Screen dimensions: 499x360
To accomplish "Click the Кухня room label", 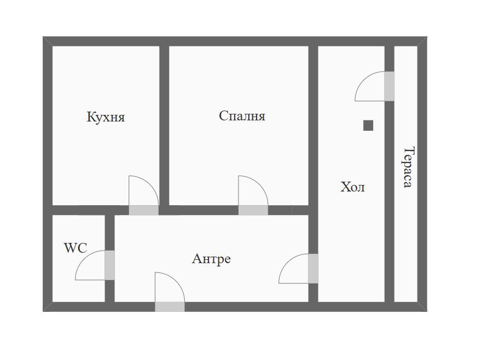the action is coord(106,117).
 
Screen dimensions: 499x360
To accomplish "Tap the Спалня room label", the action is coord(242,116).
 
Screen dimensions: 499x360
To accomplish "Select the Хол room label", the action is coord(352,187).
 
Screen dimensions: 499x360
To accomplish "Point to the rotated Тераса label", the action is coord(409,167).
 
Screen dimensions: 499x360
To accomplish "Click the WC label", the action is coord(76,248).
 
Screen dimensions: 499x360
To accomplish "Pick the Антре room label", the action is coord(211,259).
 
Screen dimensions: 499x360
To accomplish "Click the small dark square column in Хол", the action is coord(368,125).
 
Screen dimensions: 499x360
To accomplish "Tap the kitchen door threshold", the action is coord(143,210).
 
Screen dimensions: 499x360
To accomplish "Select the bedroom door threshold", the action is coord(253,210).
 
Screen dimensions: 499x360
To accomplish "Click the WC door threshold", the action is coord(109,265).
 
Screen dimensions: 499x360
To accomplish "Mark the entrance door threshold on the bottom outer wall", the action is coord(170,307).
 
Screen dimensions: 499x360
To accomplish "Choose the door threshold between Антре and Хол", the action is coord(313,268).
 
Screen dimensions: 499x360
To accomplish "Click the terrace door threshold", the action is coord(389,86).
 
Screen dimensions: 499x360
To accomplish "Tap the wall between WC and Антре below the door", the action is coord(109,291).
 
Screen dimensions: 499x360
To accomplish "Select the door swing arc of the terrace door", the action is coord(363,79).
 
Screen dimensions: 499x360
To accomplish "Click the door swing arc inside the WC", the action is coord(83,258).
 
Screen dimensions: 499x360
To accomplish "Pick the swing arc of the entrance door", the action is coord(176,281).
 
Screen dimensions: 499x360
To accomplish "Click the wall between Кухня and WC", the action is coord(91,210).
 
